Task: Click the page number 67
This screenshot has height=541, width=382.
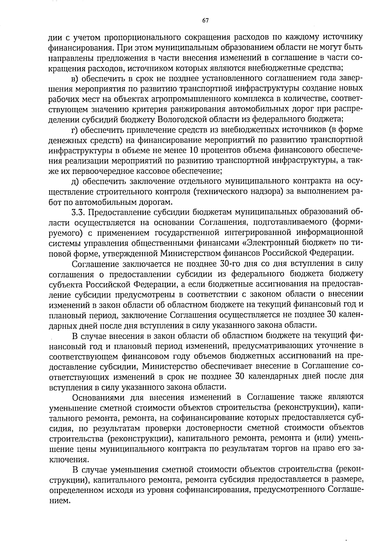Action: (x=205, y=21)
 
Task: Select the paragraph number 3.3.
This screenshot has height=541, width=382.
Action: (x=78, y=212)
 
